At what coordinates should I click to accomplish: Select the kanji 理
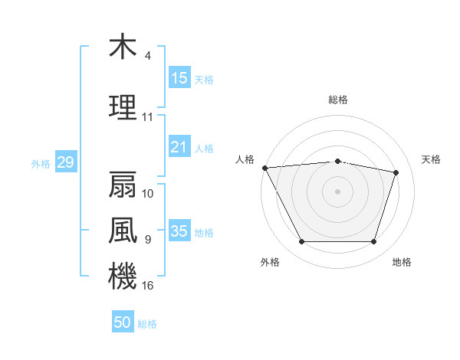[x=123, y=107]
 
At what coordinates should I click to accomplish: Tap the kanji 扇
[x=123, y=185]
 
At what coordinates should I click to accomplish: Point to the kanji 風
[x=123, y=230]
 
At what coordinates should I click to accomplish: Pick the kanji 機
[x=123, y=276]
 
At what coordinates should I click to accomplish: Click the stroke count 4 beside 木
[x=147, y=56]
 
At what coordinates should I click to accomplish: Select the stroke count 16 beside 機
[x=148, y=286]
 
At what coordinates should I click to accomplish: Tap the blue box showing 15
[x=179, y=78]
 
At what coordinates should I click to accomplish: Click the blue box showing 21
[x=179, y=148]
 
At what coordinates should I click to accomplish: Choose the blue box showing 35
[x=179, y=231]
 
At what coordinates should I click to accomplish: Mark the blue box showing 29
[x=65, y=162]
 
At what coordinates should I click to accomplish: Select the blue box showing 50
[x=123, y=322]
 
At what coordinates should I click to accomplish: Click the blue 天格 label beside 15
[x=204, y=79]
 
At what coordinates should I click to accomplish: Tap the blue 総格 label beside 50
[x=147, y=324]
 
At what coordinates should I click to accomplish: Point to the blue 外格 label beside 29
[x=41, y=163]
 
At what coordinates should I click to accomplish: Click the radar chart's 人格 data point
[x=264, y=168]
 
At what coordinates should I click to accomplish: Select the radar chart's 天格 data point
[x=396, y=173]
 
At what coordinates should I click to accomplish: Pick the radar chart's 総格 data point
[x=337, y=161]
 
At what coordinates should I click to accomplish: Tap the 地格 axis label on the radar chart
[x=402, y=263]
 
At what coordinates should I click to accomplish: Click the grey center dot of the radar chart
[x=337, y=191]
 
